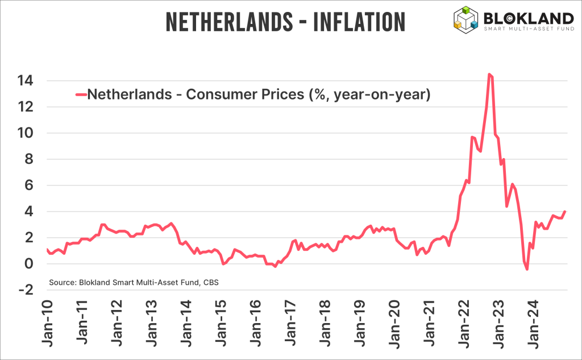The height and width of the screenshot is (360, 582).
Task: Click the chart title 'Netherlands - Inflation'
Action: coord(285,22)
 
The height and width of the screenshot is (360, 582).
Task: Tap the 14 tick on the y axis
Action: coord(24,81)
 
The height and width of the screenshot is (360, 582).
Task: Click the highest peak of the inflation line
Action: coord(489,74)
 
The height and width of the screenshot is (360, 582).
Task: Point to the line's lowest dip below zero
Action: coord(527,269)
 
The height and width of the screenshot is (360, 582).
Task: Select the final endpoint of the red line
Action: coord(565,212)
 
